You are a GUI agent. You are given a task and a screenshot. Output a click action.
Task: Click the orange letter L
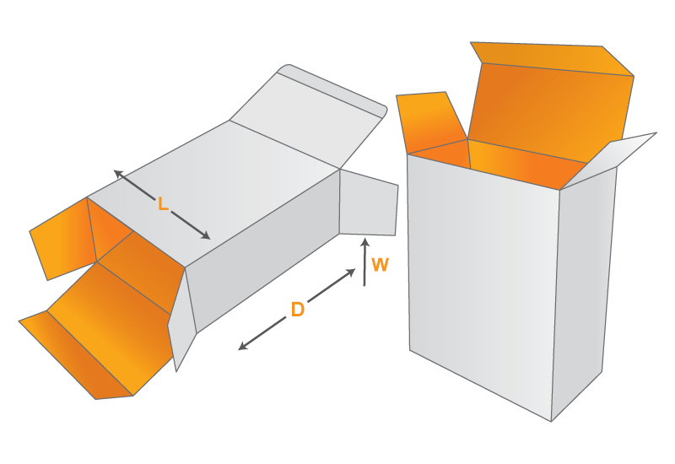point(163,203)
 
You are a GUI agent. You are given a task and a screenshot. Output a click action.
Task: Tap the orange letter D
point(298,310)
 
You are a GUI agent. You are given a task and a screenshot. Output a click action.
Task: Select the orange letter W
point(381,265)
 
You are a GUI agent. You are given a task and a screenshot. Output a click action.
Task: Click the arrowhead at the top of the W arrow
point(365,242)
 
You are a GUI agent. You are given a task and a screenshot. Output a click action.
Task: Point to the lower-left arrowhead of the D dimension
point(243,345)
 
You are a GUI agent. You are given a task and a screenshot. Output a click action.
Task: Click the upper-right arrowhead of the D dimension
point(351,272)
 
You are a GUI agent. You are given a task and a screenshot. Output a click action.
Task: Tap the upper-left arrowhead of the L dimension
point(119,174)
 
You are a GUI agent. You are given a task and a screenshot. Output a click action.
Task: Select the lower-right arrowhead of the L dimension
point(205,235)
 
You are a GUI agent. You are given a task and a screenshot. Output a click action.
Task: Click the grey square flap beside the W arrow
point(369,203)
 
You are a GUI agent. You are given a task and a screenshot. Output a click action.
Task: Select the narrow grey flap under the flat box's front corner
point(181,321)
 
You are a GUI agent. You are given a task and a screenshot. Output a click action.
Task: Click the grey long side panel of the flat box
point(262,251)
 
